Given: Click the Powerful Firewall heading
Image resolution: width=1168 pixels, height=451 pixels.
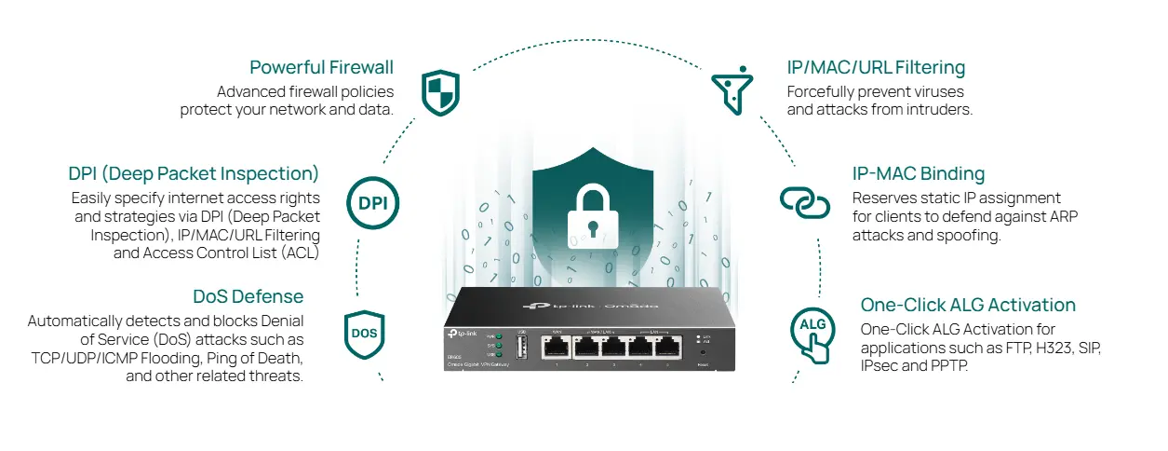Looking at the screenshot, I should pos(321,68).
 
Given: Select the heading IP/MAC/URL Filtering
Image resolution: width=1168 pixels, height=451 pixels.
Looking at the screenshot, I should pos(876,68).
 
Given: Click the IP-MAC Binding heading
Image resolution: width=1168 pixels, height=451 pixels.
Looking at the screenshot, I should pos(918,174).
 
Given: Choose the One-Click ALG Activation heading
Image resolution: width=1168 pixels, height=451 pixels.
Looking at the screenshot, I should pos(968,306).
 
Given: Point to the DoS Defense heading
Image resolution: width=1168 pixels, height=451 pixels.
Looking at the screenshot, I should pos(248,297).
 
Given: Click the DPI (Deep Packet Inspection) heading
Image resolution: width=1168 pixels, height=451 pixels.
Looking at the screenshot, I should pos(194,174).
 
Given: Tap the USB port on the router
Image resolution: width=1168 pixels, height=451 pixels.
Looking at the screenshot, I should pos(522,348).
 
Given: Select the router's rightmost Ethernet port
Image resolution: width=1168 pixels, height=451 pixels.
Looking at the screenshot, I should pos(668,348).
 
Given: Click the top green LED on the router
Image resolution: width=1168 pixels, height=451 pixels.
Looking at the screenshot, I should pos(499,335).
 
